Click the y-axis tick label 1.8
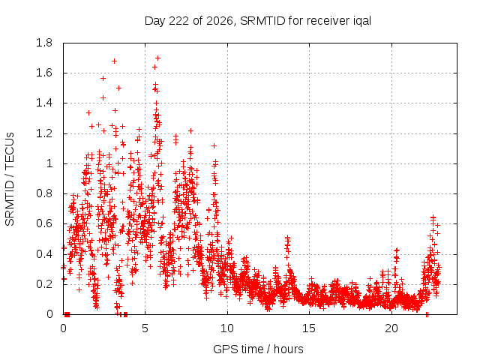44,43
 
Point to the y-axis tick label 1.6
44,73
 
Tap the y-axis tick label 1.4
44,103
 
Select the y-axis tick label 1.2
44,133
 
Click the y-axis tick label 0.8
44,193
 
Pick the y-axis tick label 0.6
44,223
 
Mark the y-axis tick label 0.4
44,254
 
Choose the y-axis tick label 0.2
44,284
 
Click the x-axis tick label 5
145,328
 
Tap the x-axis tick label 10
227,328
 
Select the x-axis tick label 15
309,328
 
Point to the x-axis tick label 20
391,328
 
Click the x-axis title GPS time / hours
258,349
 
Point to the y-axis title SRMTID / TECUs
10,179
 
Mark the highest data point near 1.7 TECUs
158,58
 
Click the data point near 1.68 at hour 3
114,61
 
